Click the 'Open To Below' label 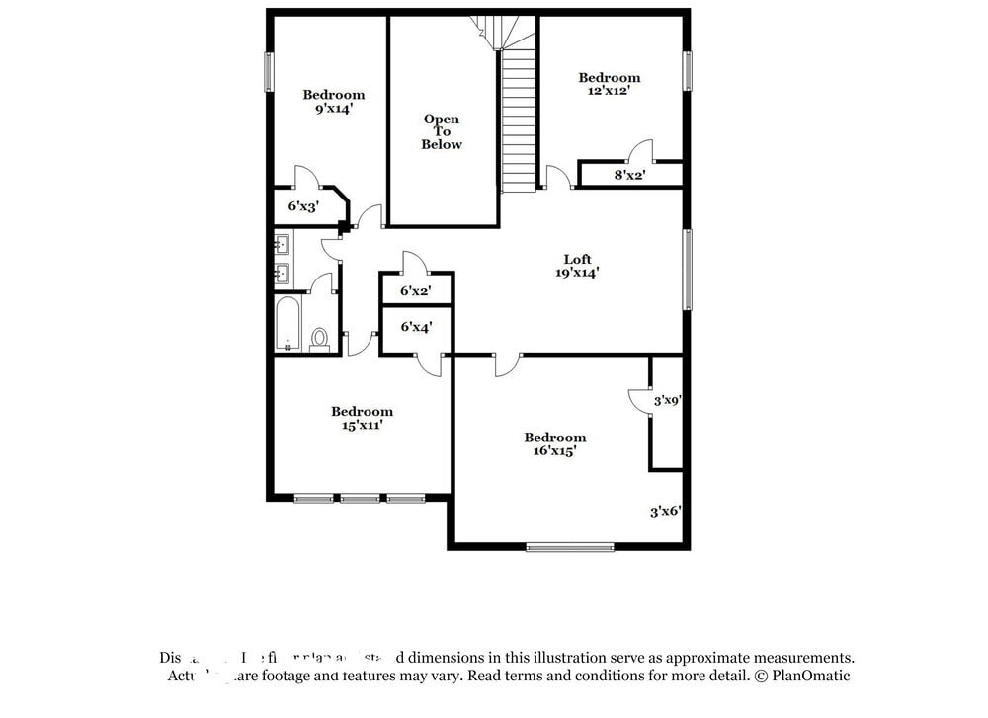(442, 132)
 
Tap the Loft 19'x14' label (578, 267)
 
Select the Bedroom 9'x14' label (333, 102)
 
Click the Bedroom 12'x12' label (609, 84)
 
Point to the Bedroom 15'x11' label (362, 418)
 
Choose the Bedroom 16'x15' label (554, 443)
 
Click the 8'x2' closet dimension (629, 175)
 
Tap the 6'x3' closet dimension (302, 206)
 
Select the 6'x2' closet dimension (415, 291)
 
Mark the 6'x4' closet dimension (415, 326)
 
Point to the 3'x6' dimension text (665, 512)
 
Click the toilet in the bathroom (319, 339)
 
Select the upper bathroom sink (282, 243)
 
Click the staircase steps (518, 119)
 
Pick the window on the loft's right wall (688, 269)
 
